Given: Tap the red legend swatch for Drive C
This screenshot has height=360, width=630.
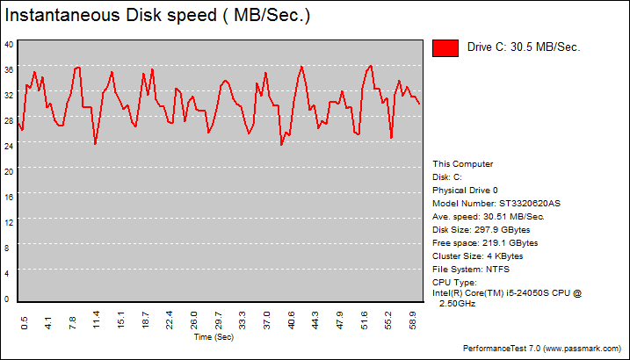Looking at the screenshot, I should click(x=445, y=48).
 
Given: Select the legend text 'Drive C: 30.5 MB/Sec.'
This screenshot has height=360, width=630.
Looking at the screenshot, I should click(x=523, y=48).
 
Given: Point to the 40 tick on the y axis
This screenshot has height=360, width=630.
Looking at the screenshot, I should click(x=9, y=44).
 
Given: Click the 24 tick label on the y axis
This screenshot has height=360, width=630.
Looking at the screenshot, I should click(x=9, y=146).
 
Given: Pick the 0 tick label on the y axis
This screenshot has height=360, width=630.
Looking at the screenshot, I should click(x=9, y=299).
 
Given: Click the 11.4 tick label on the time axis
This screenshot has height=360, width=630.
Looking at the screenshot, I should click(x=97, y=318).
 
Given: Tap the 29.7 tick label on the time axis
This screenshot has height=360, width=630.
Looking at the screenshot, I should click(x=219, y=318).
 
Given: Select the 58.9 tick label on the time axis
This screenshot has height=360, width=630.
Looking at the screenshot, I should click(x=413, y=318).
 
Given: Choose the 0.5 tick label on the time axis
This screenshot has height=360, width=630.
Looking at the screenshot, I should click(x=25, y=319).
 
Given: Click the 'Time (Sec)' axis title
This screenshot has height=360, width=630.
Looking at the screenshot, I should click(x=214, y=336).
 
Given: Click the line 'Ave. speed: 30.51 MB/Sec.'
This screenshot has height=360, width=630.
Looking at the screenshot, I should click(x=489, y=216).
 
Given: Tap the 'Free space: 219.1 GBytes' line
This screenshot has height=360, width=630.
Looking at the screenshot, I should click(x=485, y=242).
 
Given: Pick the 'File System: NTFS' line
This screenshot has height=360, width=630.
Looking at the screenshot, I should click(x=471, y=269).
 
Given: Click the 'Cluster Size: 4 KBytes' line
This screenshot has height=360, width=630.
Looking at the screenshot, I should click(x=477, y=256).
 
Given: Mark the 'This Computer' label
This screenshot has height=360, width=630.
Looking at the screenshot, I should click(x=463, y=163).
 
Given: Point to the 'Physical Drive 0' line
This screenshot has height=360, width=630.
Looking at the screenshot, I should click(x=465, y=190).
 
